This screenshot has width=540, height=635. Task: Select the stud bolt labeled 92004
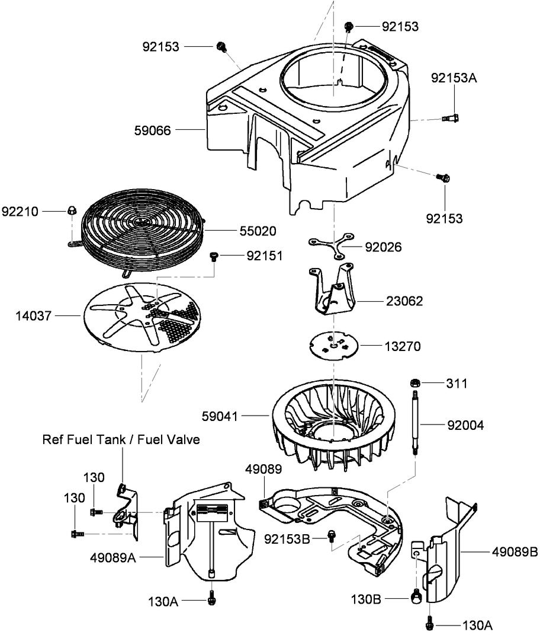(x=416, y=423)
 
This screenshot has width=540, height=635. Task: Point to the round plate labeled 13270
(x=335, y=345)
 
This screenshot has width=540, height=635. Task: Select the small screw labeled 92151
(x=214, y=256)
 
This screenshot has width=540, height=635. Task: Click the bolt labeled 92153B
(x=332, y=537)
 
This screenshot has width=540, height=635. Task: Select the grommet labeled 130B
(x=417, y=595)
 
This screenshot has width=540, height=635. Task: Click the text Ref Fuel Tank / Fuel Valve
(x=121, y=439)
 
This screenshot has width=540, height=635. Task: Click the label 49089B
(x=513, y=552)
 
